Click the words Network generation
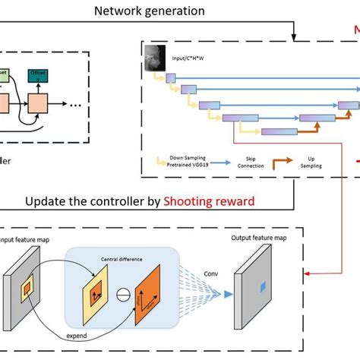click(x=149, y=11)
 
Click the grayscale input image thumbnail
click(x=156, y=58)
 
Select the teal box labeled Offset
click(x=37, y=73)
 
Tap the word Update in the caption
click(x=47, y=201)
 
